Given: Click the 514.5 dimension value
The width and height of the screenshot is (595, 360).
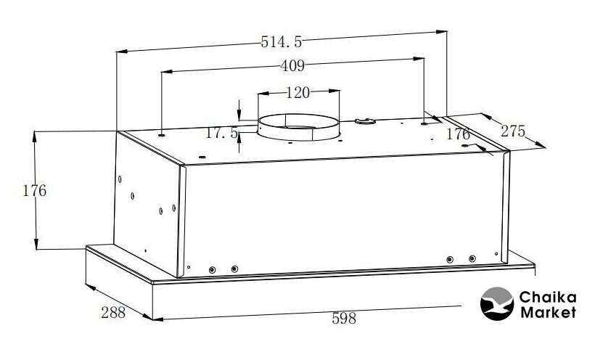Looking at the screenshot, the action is click(x=282, y=42).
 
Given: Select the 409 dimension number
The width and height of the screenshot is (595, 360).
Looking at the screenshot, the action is click(x=292, y=66).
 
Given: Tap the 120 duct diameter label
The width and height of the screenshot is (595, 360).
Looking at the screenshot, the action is click(x=297, y=93).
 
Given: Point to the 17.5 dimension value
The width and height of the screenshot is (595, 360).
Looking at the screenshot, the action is click(x=221, y=133).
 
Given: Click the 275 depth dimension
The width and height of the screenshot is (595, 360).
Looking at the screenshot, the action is click(x=513, y=131).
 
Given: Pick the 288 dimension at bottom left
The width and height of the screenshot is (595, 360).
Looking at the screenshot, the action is click(x=113, y=313).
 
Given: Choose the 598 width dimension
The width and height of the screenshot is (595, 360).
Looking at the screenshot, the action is click(x=344, y=318).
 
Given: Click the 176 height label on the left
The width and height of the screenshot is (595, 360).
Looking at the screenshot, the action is click(x=35, y=191).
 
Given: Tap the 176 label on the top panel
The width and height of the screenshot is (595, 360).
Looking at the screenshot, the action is click(x=458, y=134).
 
